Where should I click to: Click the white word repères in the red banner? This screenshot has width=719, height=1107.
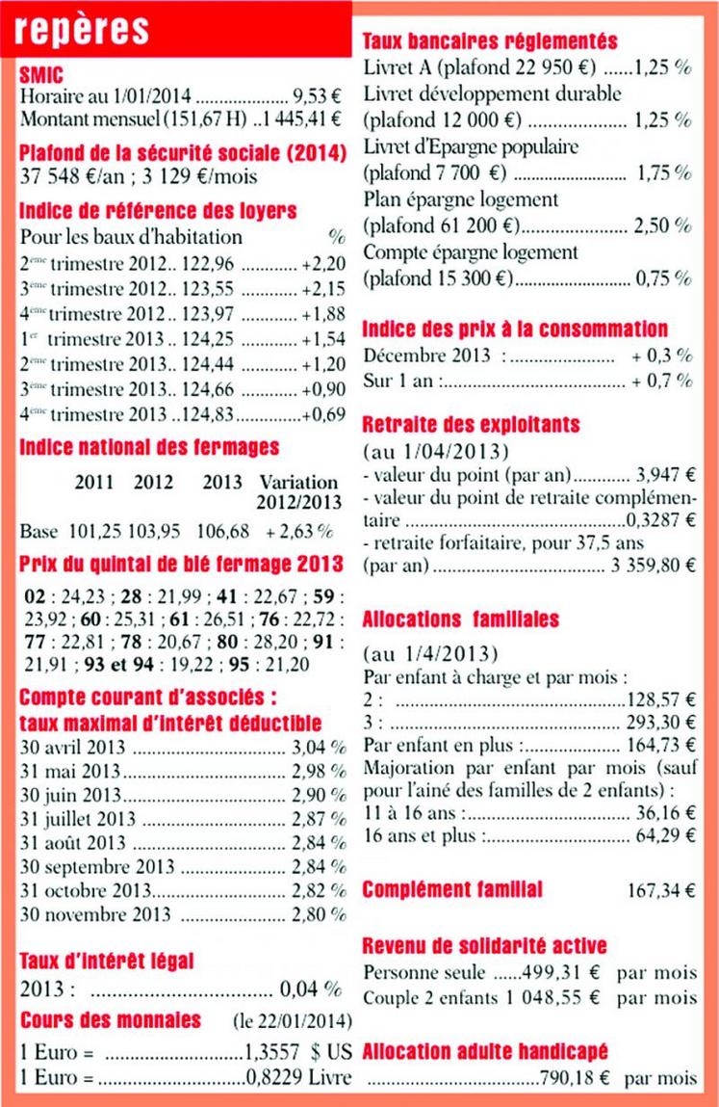pos(83,29)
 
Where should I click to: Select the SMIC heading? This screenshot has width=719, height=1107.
pos(41,74)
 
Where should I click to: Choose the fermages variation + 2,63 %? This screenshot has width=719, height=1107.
pos(299,531)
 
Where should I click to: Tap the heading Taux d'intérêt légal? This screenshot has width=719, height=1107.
pos(107,960)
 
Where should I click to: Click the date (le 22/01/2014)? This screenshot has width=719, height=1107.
pos(293,1020)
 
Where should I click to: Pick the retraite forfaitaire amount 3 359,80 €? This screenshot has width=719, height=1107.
pos(653,565)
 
